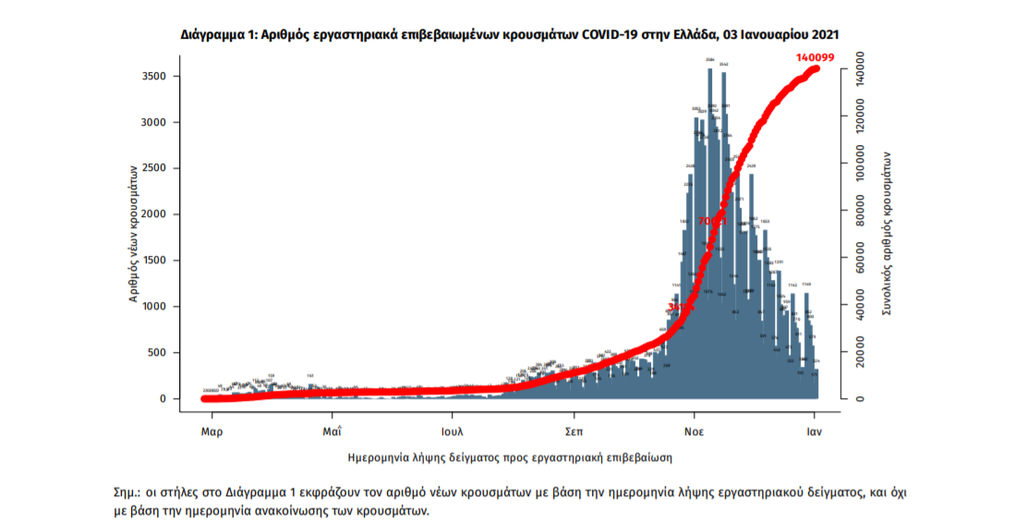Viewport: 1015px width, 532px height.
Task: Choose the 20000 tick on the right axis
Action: click(x=859, y=352)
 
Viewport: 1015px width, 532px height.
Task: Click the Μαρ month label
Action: click(x=212, y=430)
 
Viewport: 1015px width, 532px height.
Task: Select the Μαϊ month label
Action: click(x=333, y=430)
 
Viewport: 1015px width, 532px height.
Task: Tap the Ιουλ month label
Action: click(x=452, y=430)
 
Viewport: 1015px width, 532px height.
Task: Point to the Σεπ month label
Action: click(x=574, y=430)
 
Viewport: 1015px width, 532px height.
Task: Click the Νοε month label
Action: click(x=695, y=430)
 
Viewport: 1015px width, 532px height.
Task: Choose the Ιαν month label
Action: click(x=815, y=430)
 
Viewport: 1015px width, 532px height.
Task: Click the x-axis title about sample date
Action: click(x=509, y=457)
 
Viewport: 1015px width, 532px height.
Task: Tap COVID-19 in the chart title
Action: click(x=610, y=34)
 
